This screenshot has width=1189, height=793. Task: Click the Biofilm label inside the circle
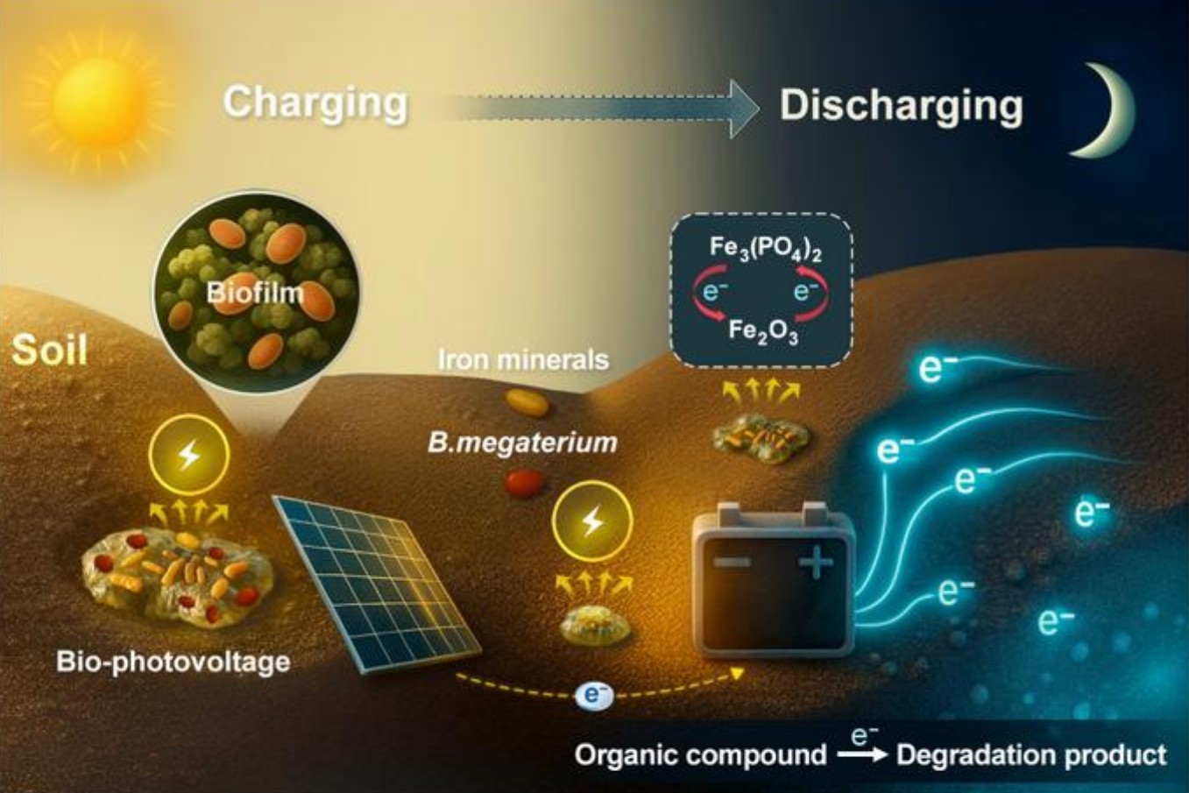(x=255, y=293)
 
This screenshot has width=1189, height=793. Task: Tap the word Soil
(x=49, y=350)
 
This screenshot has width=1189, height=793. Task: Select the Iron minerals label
(x=523, y=360)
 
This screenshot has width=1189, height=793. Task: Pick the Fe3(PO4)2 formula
(x=766, y=251)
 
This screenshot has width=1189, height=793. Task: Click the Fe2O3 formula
(x=763, y=332)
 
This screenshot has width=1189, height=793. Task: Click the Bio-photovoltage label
(x=173, y=662)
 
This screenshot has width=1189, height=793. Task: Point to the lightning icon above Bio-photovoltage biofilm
(x=189, y=456)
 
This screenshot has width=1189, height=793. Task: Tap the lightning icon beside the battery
(x=592, y=521)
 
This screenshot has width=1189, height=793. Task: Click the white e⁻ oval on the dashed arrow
(x=594, y=697)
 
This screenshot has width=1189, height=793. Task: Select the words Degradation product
(x=1031, y=754)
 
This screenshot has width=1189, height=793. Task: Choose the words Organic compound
(x=701, y=754)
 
